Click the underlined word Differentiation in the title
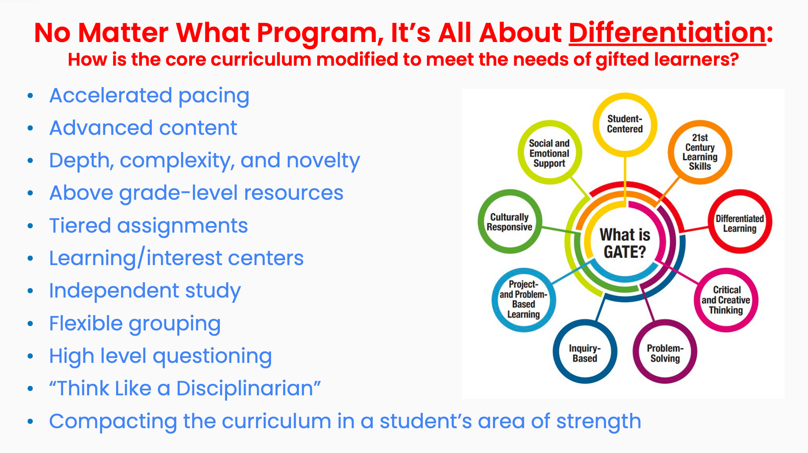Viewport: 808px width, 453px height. pyautogui.click(x=667, y=33)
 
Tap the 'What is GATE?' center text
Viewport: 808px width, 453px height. pyautogui.click(x=625, y=243)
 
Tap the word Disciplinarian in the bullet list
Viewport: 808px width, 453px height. pyautogui.click(x=245, y=389)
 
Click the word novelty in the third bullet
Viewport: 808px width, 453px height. pyautogui.click(x=323, y=161)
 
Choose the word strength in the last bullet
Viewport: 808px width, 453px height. pyautogui.click(x=598, y=421)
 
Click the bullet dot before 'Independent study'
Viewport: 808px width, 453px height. pyautogui.click(x=30, y=291)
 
